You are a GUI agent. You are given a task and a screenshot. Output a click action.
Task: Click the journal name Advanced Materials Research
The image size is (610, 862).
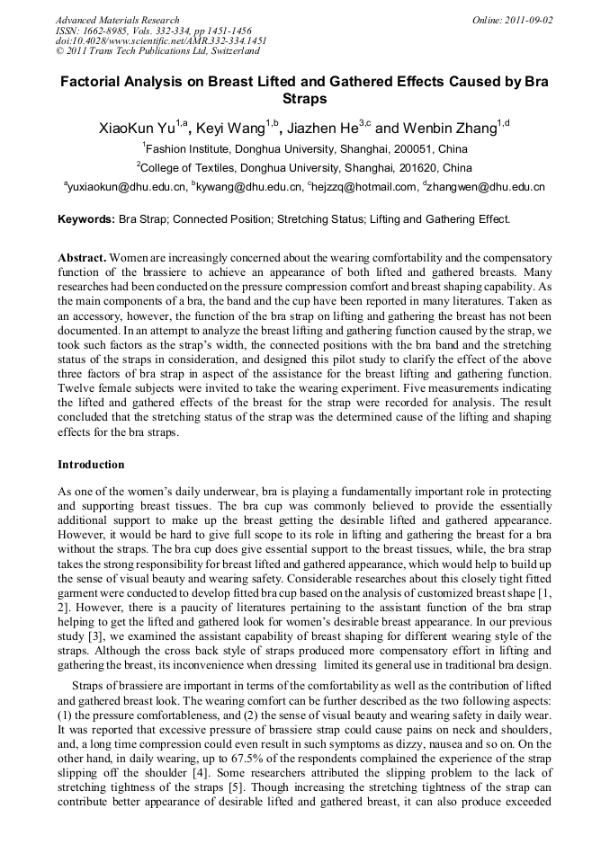(x=117, y=20)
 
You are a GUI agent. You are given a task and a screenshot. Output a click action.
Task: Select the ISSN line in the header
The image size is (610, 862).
(x=153, y=31)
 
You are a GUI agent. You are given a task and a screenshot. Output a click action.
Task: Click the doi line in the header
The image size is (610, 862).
(x=161, y=40)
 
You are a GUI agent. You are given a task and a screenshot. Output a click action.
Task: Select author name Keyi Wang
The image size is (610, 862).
(x=230, y=129)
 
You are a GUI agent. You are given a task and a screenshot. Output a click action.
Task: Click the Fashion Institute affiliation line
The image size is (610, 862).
(x=305, y=149)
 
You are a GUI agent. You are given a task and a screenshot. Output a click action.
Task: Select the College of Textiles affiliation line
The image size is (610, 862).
(x=305, y=168)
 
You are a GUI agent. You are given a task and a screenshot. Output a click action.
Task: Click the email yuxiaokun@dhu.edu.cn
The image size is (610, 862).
(x=127, y=188)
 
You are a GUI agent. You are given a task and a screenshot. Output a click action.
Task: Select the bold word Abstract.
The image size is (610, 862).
(x=83, y=258)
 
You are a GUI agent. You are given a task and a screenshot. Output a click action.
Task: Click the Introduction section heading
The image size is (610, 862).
(x=91, y=465)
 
